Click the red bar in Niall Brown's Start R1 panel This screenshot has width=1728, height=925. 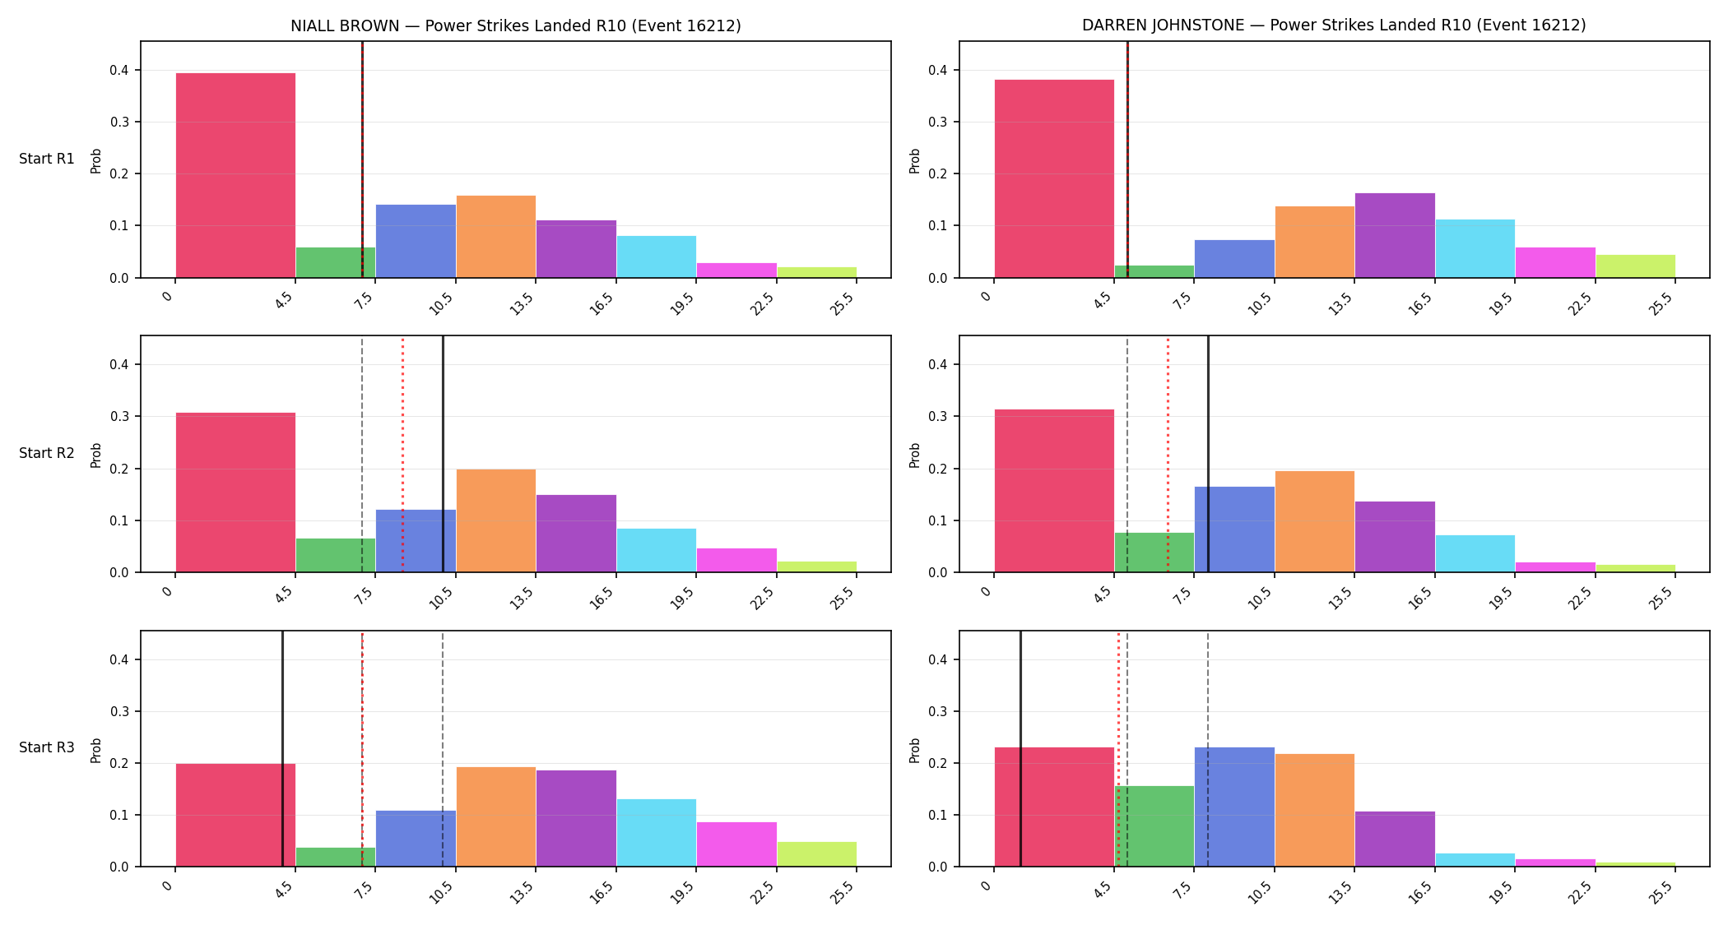(235, 175)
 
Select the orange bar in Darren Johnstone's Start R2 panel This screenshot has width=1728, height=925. (1315, 521)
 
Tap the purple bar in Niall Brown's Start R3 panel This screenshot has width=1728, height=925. (576, 818)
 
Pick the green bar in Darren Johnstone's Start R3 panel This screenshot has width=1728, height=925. (1154, 826)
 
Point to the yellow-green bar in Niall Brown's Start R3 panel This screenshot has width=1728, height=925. (817, 854)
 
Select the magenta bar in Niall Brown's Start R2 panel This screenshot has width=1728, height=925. (736, 560)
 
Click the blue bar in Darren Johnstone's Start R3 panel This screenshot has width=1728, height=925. (1234, 807)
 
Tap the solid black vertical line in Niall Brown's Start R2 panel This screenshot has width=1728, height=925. (443, 454)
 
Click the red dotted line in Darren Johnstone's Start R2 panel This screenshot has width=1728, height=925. (1168, 454)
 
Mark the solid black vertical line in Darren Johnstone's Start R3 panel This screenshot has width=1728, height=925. (1020, 749)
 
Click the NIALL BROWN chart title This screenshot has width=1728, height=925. (516, 25)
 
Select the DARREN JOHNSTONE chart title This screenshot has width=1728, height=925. (1334, 25)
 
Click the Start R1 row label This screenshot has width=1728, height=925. (47, 159)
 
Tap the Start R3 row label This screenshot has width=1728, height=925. (47, 747)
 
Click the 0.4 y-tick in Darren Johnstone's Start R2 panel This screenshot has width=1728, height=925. (938, 364)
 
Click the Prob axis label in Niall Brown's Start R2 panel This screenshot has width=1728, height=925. (96, 455)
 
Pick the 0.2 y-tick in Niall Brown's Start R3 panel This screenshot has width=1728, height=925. (119, 763)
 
